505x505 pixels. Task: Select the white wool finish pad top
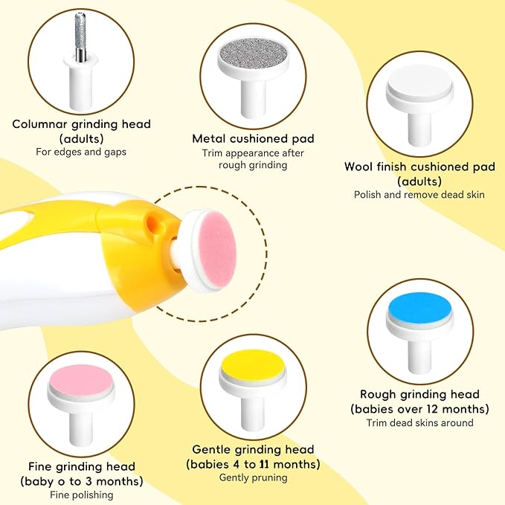pos(419,81)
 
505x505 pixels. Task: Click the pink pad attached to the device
pos(217,250)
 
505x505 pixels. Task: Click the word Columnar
pos(40,124)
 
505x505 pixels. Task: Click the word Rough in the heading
pos(379,394)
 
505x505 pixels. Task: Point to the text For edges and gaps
pos(81,152)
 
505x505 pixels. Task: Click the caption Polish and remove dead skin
pos(419,195)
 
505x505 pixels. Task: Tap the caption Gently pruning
pos(253,478)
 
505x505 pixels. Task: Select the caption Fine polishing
pos(82,495)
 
